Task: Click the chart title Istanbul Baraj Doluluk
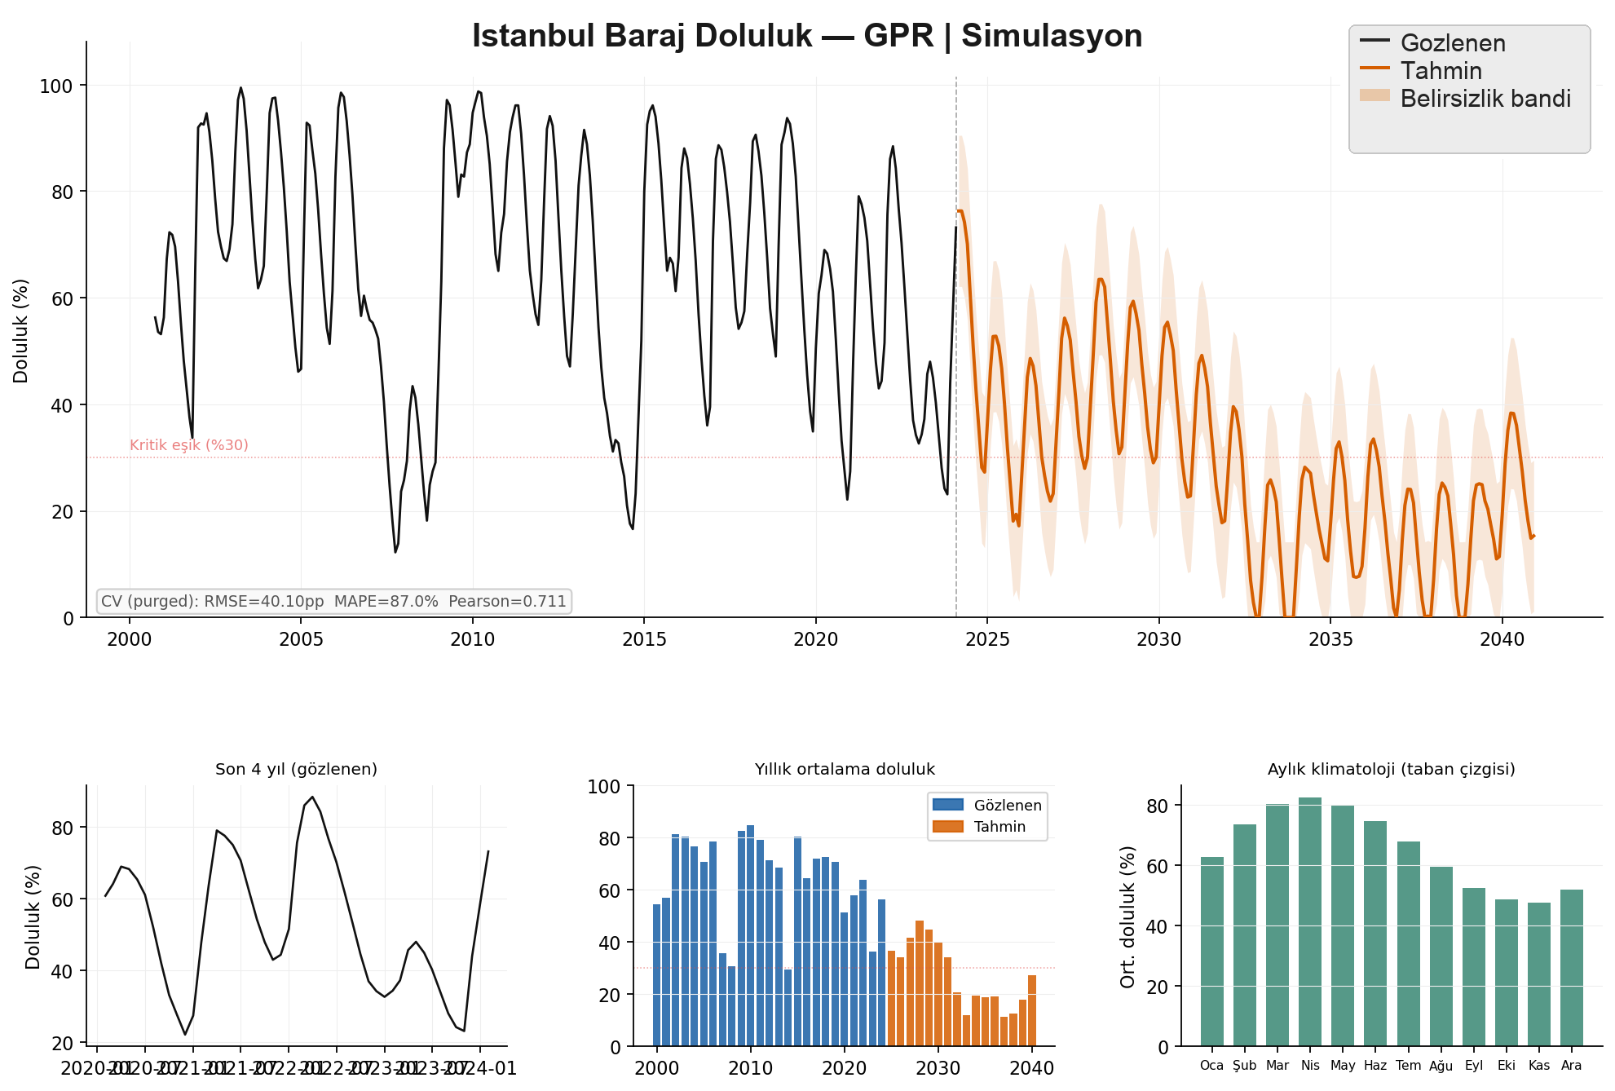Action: click(806, 37)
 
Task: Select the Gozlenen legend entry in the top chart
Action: click(1452, 43)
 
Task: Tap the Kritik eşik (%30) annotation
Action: click(189, 445)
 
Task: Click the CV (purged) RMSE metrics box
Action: click(333, 602)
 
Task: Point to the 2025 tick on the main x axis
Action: click(987, 639)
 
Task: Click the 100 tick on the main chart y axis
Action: click(56, 86)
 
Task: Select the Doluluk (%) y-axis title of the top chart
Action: click(21, 331)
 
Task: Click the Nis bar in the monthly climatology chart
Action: click(1310, 921)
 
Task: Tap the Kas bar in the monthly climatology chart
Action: click(1539, 974)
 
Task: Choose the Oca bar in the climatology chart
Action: click(1212, 952)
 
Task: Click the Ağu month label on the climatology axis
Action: click(1441, 1066)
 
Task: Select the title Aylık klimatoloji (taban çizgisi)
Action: click(1391, 769)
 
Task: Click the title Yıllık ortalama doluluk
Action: click(845, 769)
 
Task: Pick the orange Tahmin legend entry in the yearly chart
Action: click(999, 827)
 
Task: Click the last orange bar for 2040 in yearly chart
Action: click(1032, 1011)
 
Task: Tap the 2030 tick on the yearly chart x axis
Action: click(938, 1068)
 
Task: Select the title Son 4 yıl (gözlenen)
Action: click(296, 769)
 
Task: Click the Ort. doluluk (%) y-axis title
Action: click(1128, 917)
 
